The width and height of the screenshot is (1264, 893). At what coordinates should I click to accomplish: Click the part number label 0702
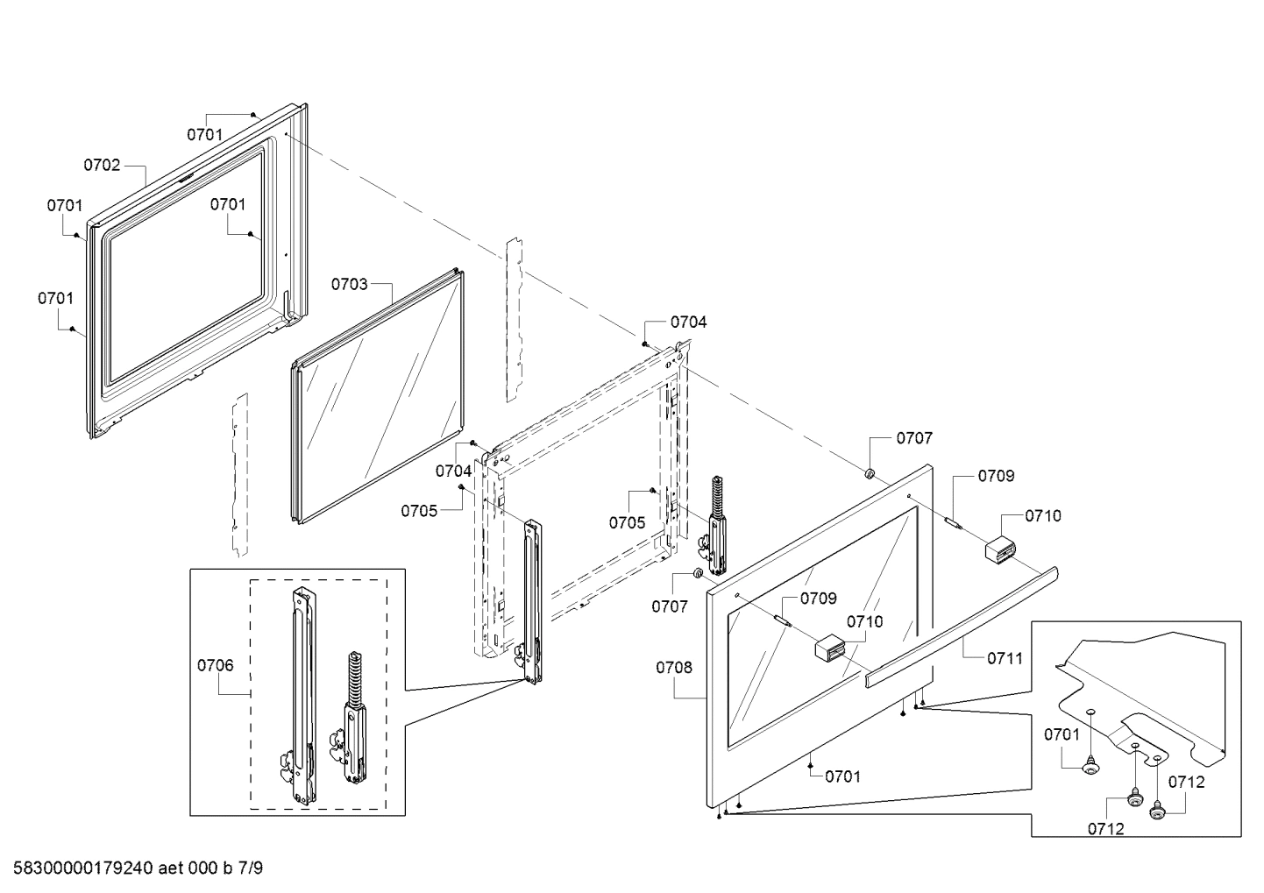(x=102, y=165)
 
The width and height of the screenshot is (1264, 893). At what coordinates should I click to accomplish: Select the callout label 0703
(x=349, y=284)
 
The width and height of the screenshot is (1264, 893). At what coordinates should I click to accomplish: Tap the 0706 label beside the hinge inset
(x=215, y=665)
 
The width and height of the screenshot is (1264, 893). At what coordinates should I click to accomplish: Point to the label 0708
(x=673, y=668)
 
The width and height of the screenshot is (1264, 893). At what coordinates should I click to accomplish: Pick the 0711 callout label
(x=1005, y=658)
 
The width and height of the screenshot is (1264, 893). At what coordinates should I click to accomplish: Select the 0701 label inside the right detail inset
(x=1062, y=734)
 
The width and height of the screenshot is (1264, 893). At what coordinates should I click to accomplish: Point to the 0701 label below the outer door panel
(x=842, y=776)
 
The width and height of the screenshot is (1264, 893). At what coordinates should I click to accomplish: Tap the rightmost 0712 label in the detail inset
(x=1186, y=783)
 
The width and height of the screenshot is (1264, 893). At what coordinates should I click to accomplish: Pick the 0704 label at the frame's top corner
(x=688, y=322)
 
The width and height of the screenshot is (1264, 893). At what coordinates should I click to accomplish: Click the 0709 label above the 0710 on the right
(x=997, y=476)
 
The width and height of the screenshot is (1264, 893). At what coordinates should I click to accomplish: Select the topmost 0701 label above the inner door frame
(x=204, y=134)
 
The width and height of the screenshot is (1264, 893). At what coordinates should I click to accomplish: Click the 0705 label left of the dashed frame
(x=419, y=511)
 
